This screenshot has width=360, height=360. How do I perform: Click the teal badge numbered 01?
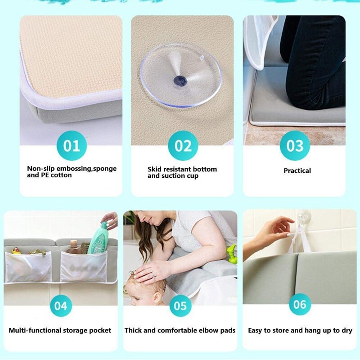point(71,145)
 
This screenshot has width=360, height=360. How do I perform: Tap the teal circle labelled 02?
point(183,145)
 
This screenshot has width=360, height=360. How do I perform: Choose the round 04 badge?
point(61,306)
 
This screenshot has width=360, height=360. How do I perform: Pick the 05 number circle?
point(180,306)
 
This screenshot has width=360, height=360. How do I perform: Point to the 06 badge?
point(299,304)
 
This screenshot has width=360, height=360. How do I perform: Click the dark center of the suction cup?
point(180,81)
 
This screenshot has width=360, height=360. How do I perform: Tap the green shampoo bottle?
point(98,238)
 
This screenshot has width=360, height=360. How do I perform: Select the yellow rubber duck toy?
point(16,250)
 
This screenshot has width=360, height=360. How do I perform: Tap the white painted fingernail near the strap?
point(286,234)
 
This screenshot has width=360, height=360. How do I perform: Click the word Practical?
point(297,171)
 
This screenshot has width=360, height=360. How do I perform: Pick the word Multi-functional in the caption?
point(33,330)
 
